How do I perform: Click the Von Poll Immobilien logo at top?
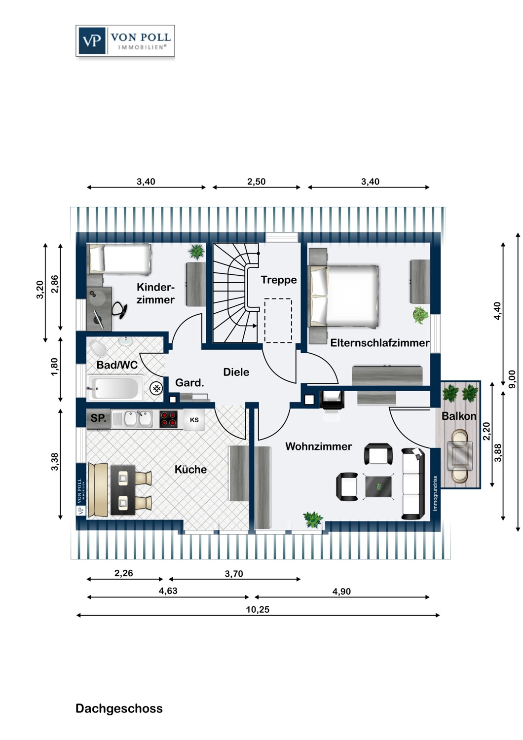(125, 41)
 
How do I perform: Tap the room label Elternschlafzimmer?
(379, 343)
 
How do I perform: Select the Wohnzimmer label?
(319, 446)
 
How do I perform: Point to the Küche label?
(190, 469)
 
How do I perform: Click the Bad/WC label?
(117, 365)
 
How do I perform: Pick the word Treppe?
(278, 280)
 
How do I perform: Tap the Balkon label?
(459, 416)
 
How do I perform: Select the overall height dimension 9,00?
(512, 379)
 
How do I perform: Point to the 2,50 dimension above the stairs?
(257, 182)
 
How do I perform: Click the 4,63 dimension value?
(168, 591)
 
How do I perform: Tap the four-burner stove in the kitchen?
(168, 419)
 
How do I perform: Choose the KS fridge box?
(194, 420)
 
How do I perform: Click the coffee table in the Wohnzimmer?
(378, 486)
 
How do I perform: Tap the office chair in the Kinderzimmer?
(119, 309)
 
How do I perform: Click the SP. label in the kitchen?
(98, 418)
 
